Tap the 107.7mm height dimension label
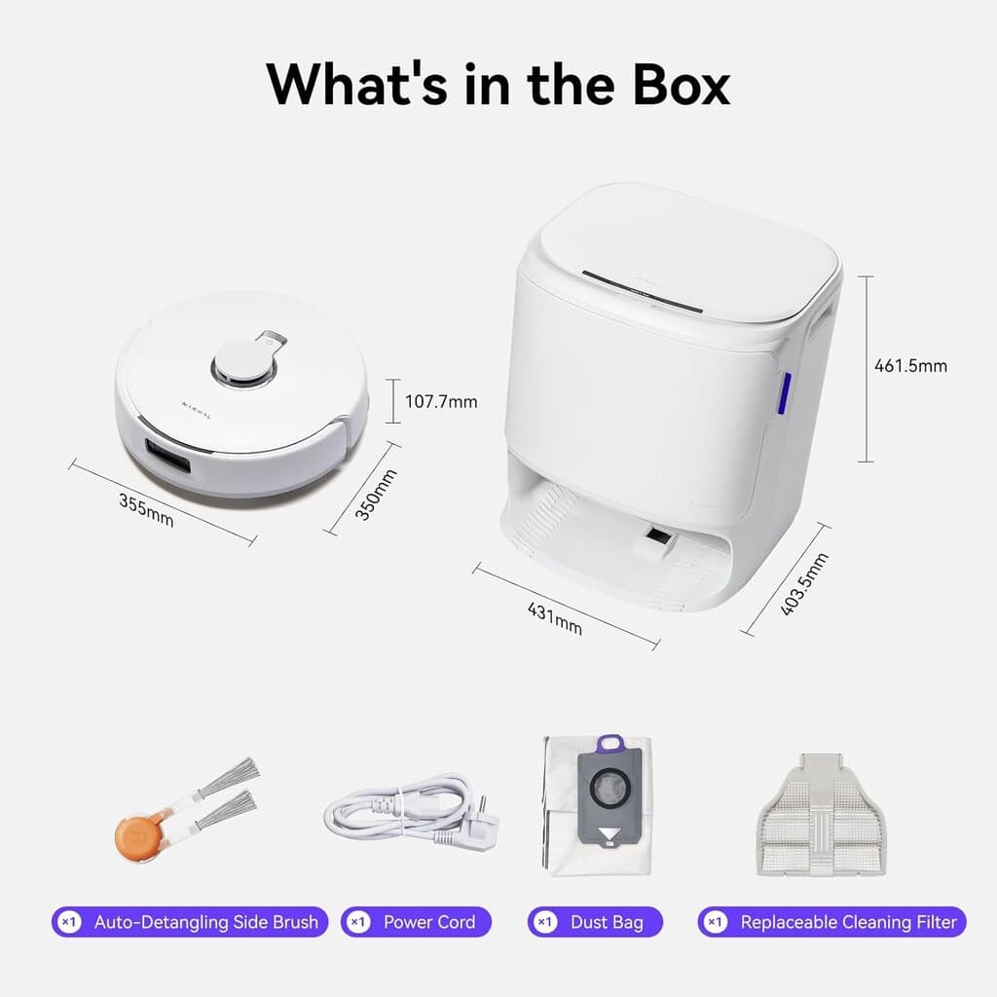pyautogui.click(x=441, y=401)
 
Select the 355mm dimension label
pyautogui.click(x=146, y=510)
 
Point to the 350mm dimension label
pyautogui.click(x=375, y=495)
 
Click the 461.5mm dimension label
pyautogui.click(x=911, y=366)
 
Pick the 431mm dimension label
pyautogui.click(x=554, y=618)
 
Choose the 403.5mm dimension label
pyautogui.click(x=804, y=584)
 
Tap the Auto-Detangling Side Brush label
pyautogui.click(x=205, y=922)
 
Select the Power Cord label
pyautogui.click(x=429, y=922)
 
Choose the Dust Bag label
pyautogui.click(x=608, y=922)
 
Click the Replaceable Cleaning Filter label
pyautogui.click(x=848, y=922)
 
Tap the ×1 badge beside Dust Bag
pyautogui.click(x=546, y=922)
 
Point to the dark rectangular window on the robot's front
pyautogui.click(x=167, y=456)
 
